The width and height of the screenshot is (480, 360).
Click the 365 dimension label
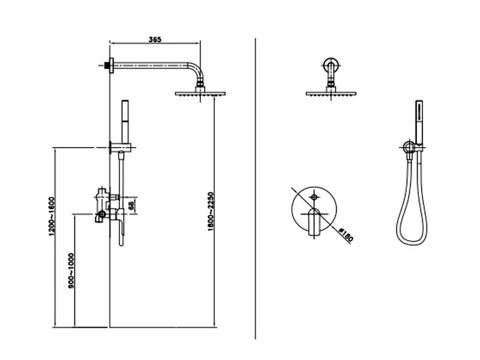[x=155, y=40]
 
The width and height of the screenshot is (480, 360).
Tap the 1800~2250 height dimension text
[x=211, y=212]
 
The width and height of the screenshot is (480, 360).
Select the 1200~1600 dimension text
[x=52, y=217]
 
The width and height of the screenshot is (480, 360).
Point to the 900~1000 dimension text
[x=71, y=271]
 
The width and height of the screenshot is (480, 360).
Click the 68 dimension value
[x=131, y=205]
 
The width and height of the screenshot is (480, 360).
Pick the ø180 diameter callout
[x=347, y=234]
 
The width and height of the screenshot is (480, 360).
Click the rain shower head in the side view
[x=200, y=93]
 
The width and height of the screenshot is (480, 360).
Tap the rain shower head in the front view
[x=331, y=93]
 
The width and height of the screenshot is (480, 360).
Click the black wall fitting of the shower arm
[x=107, y=65]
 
